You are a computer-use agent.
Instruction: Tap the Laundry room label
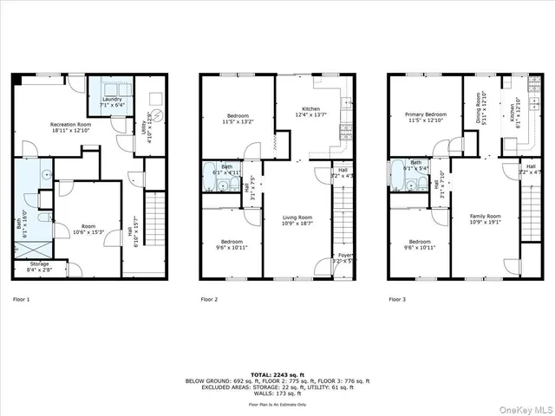pos(111,102)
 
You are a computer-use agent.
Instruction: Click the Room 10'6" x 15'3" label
pos(88,229)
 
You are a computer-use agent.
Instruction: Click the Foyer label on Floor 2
pos(345,256)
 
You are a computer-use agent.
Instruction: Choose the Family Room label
pos(485,218)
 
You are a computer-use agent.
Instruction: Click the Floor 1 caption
pos(22,300)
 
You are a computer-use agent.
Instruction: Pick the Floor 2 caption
pos(210,300)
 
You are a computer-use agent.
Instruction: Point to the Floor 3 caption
pos(398,300)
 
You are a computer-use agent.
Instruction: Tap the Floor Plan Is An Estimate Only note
pos(277,404)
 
